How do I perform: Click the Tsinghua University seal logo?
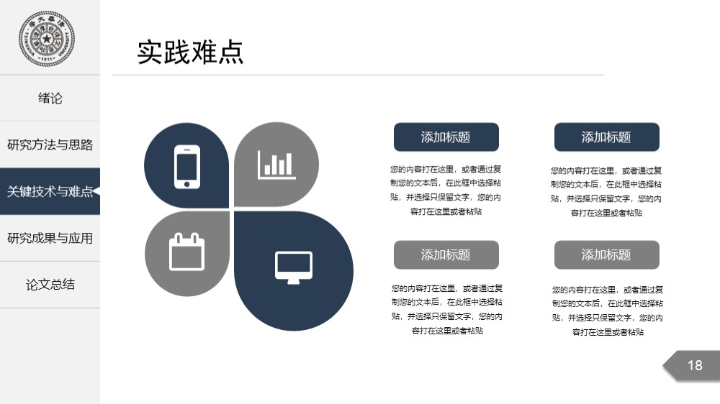coord(46,39)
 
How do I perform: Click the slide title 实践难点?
coord(190,52)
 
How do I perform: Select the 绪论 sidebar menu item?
coord(50,98)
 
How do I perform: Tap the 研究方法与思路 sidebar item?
coord(50,145)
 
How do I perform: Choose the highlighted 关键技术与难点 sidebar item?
coord(50,191)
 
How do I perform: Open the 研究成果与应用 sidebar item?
coord(50,238)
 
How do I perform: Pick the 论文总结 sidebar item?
coord(50,285)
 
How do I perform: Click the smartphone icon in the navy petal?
coord(187,167)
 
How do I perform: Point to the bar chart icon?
coord(276,165)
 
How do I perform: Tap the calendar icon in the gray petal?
coord(187,252)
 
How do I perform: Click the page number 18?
coord(695,365)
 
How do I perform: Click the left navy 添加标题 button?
coord(446,137)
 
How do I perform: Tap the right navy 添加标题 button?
coord(606,137)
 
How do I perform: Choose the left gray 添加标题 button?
coord(446,254)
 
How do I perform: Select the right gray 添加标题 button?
coord(606,254)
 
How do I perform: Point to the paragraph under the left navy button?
coord(446,190)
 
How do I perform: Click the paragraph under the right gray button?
coord(608,311)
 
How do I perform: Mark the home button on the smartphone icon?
coord(187,184)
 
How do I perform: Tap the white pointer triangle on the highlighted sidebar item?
coord(96,191)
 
